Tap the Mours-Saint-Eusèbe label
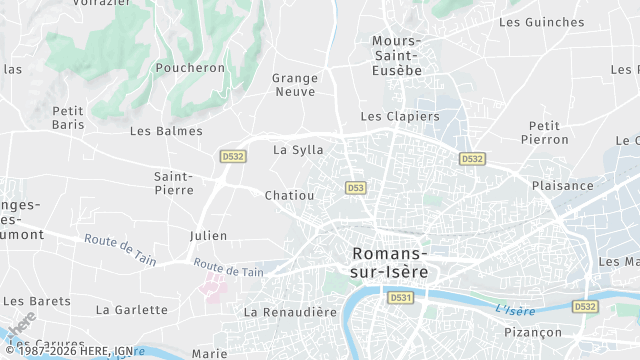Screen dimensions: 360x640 point(397,55)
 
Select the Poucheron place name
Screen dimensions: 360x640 point(190,68)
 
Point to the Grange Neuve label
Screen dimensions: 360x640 point(294,85)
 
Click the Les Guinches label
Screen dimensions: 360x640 point(541,22)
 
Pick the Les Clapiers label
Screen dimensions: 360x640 point(399,116)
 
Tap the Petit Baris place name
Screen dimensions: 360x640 point(68,118)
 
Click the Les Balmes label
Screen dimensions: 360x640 point(166,131)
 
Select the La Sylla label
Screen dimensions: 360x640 point(298,150)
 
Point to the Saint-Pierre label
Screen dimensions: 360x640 point(174,183)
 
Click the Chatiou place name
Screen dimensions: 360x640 point(290,196)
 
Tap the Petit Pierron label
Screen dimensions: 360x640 point(544,133)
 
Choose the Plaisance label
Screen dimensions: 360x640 point(562,186)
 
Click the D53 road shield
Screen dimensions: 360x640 point(355,188)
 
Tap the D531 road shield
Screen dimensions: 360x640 point(401,298)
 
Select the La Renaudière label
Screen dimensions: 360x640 point(291,312)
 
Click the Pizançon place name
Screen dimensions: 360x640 point(533,332)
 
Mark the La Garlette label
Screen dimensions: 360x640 point(132,310)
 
